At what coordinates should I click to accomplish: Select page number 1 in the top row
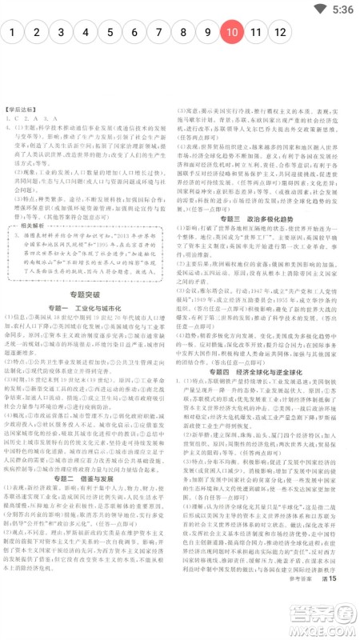[x=13, y=33]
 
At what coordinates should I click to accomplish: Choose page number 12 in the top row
[x=281, y=33]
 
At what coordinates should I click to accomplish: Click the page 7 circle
[x=159, y=33]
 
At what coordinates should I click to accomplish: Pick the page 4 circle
[x=86, y=33]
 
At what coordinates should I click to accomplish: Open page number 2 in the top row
[x=37, y=33]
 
